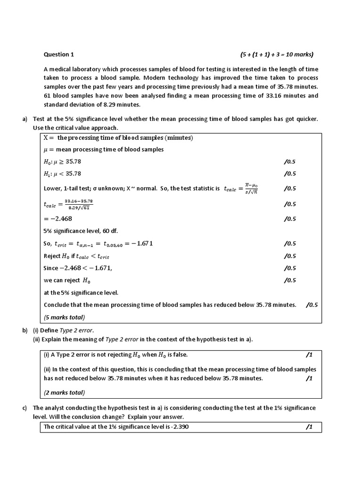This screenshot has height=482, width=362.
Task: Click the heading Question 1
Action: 59,54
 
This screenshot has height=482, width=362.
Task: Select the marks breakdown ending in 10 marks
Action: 277,54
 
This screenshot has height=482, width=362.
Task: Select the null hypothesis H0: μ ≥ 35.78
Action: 65,161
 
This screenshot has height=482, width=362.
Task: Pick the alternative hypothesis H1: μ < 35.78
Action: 65,173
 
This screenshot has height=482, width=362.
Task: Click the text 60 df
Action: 112,231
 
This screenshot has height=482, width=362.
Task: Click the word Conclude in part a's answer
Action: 57,305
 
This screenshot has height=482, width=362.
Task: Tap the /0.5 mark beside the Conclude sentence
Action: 312,305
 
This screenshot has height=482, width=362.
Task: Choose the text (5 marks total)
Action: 65,316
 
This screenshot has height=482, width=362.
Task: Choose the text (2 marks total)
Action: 65,392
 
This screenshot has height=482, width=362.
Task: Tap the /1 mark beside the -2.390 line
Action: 309,427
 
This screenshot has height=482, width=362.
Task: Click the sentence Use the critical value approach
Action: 75,128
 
